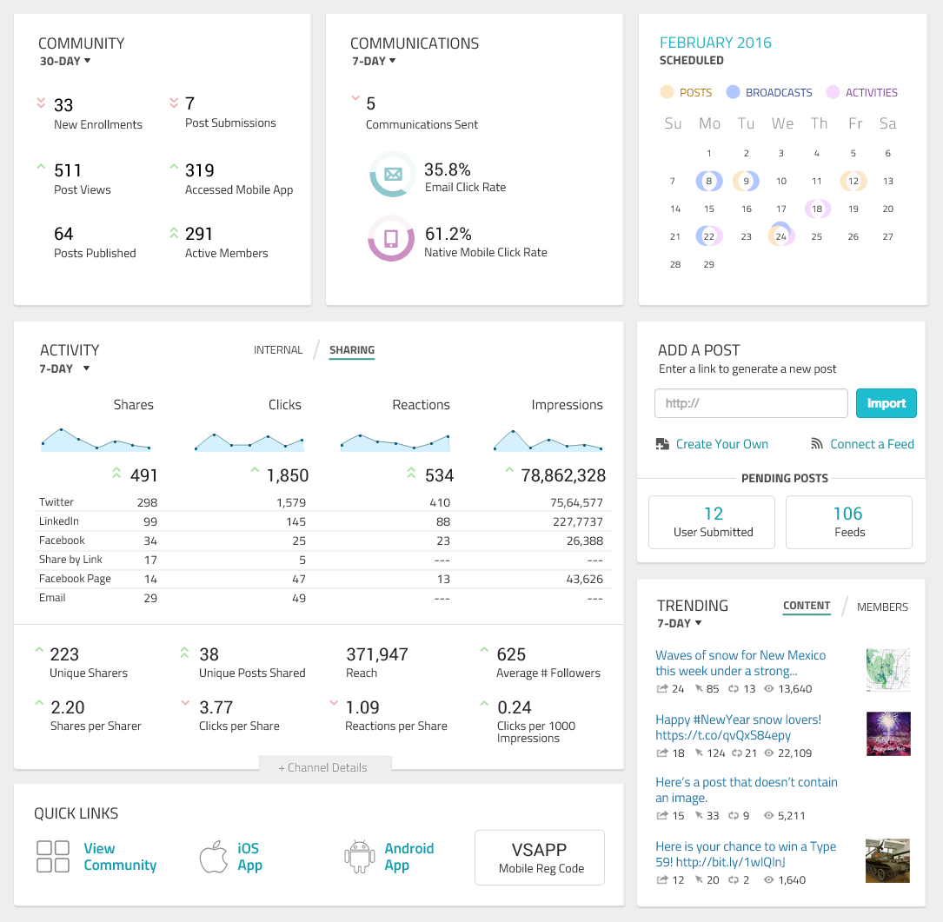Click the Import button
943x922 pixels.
tap(886, 403)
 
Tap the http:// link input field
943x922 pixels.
tap(751, 403)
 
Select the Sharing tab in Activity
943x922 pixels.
tap(352, 350)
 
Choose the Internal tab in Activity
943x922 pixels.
tap(278, 350)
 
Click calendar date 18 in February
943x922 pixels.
tap(817, 209)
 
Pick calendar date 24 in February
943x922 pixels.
tap(780, 236)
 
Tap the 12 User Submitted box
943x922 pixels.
tap(712, 522)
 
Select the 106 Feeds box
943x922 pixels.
tap(848, 522)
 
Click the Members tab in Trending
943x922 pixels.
tap(882, 607)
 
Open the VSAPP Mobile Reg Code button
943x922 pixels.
tap(540, 858)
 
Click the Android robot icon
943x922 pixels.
tap(360, 857)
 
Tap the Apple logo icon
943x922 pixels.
tap(214, 857)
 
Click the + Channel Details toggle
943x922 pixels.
tap(323, 767)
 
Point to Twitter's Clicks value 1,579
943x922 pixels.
tap(291, 502)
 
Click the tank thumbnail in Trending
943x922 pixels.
tap(887, 860)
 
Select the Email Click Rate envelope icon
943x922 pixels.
tap(393, 175)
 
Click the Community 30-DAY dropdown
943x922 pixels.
tap(65, 61)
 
